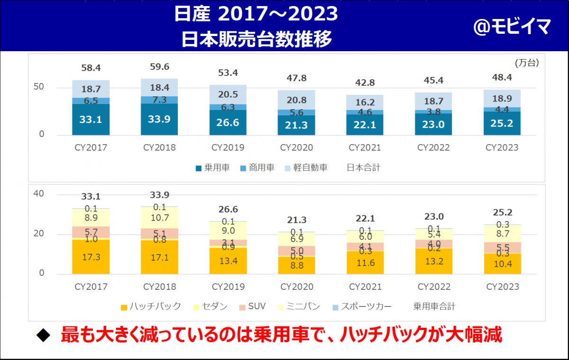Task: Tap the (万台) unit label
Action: click(527, 62)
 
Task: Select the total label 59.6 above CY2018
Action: click(159, 67)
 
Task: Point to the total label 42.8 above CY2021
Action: click(365, 83)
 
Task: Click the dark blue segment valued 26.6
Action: click(228, 123)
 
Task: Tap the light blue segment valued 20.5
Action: click(228, 94)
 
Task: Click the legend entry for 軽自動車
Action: click(306, 168)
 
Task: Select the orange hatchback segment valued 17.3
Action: click(91, 258)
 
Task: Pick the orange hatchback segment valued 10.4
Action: click(503, 264)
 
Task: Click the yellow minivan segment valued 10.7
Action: click(159, 218)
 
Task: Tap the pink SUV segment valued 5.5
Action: click(503, 247)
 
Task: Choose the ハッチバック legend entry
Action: click(151, 306)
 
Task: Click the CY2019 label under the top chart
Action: click(228, 148)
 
